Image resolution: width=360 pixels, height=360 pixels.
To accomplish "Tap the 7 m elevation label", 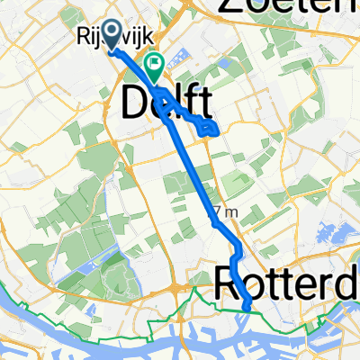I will (x=226, y=211).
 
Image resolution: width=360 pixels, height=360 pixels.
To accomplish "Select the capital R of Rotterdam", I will (x=227, y=288).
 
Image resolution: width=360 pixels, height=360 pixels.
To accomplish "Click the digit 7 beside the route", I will (x=216, y=211).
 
